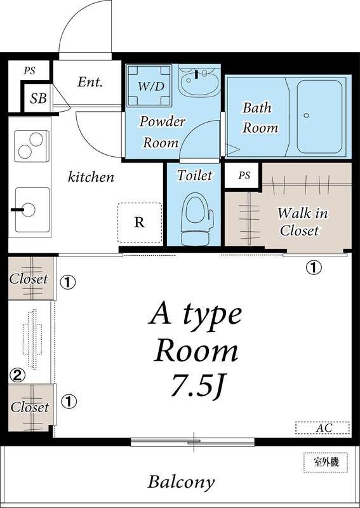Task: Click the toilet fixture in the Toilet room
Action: (x=196, y=218)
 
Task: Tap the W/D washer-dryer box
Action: (x=149, y=86)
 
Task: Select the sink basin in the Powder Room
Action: (x=197, y=82)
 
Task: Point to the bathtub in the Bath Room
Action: (x=319, y=117)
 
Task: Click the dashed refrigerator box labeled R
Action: (x=140, y=223)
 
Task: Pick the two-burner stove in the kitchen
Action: (x=31, y=146)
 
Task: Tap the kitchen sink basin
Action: (x=32, y=210)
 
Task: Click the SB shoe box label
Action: (x=39, y=98)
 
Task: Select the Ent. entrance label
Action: (x=90, y=82)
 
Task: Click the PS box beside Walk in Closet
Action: (x=244, y=176)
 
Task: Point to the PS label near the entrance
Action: (x=29, y=70)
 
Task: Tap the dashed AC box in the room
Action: (x=323, y=427)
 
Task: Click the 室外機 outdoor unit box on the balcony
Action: (x=326, y=462)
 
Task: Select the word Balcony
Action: (x=181, y=481)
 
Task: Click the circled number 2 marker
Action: (x=17, y=375)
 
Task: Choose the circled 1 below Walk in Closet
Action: (x=314, y=267)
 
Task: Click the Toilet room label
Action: (x=195, y=175)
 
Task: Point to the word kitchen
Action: (x=91, y=177)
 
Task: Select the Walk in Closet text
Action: (x=302, y=222)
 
